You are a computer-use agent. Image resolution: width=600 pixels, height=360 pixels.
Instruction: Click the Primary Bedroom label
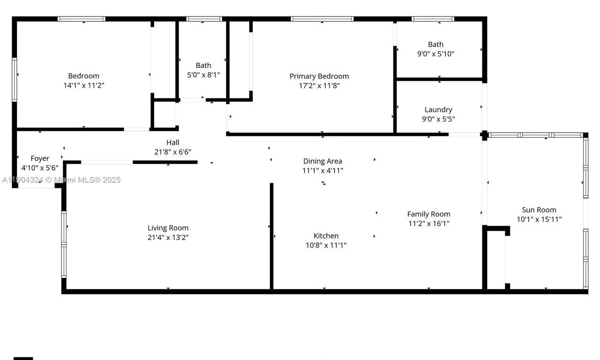click(x=319, y=76)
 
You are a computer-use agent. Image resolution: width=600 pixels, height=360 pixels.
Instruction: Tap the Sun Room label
click(x=539, y=210)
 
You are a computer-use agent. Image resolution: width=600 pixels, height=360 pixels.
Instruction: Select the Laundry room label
click(x=438, y=110)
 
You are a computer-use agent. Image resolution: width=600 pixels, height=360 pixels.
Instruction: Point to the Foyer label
click(x=40, y=158)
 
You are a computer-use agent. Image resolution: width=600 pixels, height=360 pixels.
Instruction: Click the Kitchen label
click(x=326, y=236)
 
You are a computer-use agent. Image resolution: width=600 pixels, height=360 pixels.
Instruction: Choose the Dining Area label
click(x=322, y=161)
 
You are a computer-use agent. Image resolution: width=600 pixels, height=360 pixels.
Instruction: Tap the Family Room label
click(x=428, y=214)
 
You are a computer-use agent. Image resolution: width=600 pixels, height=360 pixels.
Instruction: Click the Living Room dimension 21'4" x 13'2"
click(x=168, y=237)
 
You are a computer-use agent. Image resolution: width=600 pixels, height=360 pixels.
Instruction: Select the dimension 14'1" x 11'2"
click(x=84, y=85)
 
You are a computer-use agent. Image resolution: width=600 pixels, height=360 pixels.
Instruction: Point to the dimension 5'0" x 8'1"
click(x=203, y=75)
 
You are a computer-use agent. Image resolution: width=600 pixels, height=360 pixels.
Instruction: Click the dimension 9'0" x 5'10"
click(x=435, y=54)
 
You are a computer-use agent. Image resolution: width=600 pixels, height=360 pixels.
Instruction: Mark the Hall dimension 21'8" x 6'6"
click(x=172, y=152)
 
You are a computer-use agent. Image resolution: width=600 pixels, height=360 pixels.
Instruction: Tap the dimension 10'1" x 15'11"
click(x=539, y=219)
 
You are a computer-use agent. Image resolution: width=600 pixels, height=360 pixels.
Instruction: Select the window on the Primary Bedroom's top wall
click(x=322, y=19)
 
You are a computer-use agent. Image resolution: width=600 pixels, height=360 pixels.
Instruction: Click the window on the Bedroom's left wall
click(x=15, y=80)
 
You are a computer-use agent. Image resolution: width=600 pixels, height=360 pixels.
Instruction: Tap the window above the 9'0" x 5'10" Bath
click(x=433, y=19)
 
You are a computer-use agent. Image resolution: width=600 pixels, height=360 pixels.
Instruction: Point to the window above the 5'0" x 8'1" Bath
click(x=203, y=19)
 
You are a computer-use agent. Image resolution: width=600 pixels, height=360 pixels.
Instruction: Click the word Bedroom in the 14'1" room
click(x=84, y=76)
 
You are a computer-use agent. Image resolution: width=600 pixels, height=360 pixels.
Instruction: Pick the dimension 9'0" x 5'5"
click(x=438, y=119)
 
